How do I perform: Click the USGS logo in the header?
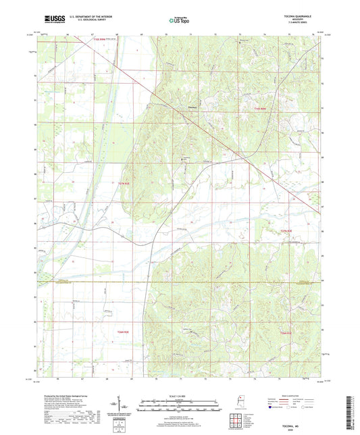click(x=47, y=20)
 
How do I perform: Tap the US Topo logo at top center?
click(x=179, y=22)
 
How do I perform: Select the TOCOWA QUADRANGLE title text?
click(x=295, y=18)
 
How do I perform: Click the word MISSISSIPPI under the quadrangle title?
click(x=295, y=21)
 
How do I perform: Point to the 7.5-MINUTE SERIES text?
click(x=295, y=24)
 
